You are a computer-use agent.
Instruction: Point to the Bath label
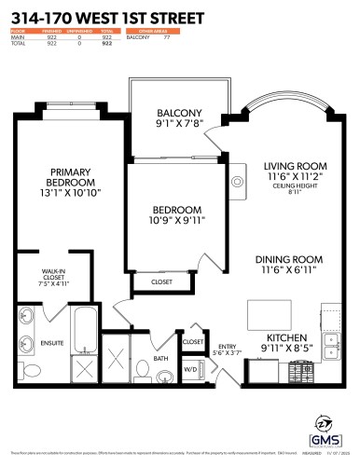pos(161,359)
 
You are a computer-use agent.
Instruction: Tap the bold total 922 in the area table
pos(106,44)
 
